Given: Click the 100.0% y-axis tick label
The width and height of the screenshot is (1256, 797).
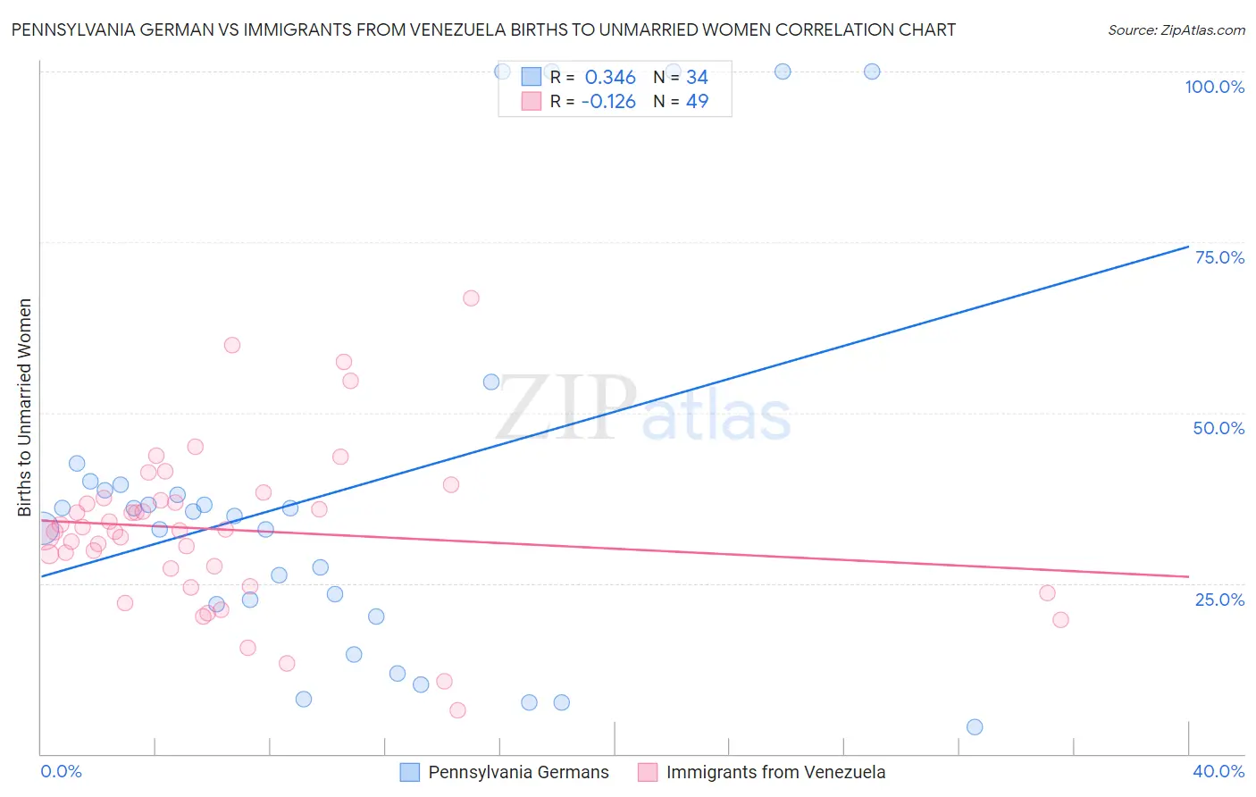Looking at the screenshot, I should coord(1214,87).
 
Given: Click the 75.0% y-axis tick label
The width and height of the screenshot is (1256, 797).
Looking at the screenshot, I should coord(1219,257).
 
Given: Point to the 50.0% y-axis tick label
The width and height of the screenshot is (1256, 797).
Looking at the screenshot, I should coord(1218,428).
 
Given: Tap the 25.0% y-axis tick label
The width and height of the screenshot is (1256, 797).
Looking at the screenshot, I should coord(1219,599).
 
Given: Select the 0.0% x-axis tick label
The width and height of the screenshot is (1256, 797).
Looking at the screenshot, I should coord(61,771).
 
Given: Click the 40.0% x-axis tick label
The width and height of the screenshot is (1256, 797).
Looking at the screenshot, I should coord(1218,771).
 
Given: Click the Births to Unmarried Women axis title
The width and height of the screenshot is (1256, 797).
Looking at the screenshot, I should coord(25,407).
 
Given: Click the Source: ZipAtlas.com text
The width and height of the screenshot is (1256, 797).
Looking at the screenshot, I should coord(1176,30).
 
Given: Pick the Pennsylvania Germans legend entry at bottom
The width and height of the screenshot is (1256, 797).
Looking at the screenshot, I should coord(505,772).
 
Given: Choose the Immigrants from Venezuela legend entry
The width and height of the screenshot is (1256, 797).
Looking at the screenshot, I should coord(762,772).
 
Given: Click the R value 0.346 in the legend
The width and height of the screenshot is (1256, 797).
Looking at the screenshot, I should coord(610,78).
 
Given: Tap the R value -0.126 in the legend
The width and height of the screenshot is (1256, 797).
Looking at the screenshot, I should coord(608,102).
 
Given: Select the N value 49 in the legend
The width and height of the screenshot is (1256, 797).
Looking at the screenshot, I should coord(697,102).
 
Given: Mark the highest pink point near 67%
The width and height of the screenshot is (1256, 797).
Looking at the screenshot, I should coord(471,298).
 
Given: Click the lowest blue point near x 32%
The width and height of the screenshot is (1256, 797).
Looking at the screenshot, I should coord(975,727).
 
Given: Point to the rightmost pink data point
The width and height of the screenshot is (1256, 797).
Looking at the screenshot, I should coord(1060,620).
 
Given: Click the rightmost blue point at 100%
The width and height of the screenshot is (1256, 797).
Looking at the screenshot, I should coord(872,71).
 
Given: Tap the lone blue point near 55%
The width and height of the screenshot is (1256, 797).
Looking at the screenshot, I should coord(491,382).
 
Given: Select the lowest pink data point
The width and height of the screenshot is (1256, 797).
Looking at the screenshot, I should coord(457,710).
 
